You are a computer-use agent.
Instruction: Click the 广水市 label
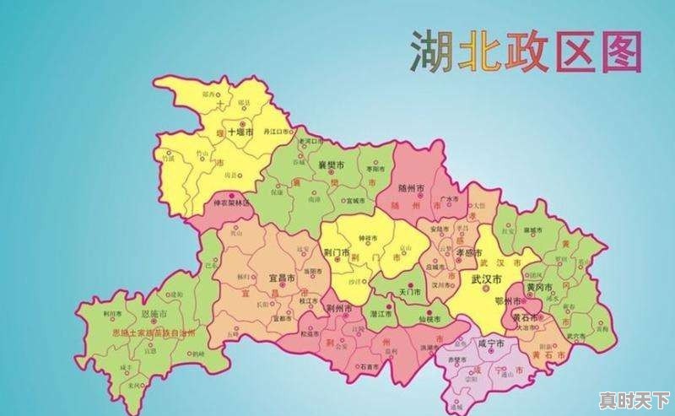[x=450, y=198]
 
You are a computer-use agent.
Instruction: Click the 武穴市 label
[x=576, y=336]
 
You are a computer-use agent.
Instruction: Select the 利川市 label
[x=112, y=312]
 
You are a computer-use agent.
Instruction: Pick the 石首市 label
[x=369, y=367]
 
